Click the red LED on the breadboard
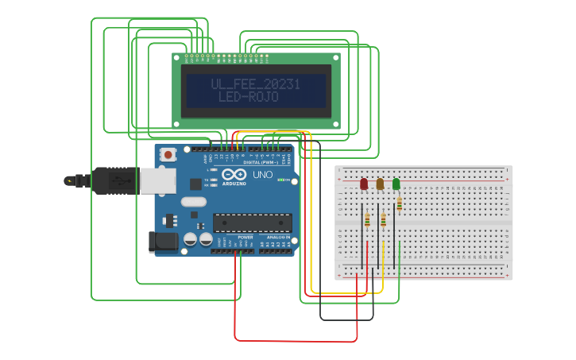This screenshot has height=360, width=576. (364, 184)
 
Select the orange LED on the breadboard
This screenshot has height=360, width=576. (380, 184)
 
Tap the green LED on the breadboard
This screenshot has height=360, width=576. (396, 184)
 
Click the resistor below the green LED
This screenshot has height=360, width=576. (399, 203)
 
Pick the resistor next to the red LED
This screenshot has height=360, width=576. (367, 219)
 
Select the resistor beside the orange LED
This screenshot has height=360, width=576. (384, 219)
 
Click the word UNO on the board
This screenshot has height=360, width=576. (262, 175)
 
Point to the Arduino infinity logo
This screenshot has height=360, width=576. (234, 174)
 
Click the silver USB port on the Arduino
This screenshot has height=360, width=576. (157, 181)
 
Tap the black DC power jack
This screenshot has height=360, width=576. (164, 242)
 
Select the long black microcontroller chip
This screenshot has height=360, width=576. (252, 223)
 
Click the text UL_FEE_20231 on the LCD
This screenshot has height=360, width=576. (256, 84)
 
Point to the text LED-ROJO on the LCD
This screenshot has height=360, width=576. (249, 98)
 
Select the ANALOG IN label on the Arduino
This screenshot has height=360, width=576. (277, 237)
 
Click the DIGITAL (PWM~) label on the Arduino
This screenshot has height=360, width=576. (262, 162)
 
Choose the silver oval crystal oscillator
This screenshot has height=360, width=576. (193, 202)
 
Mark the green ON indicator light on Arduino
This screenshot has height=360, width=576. (280, 180)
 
